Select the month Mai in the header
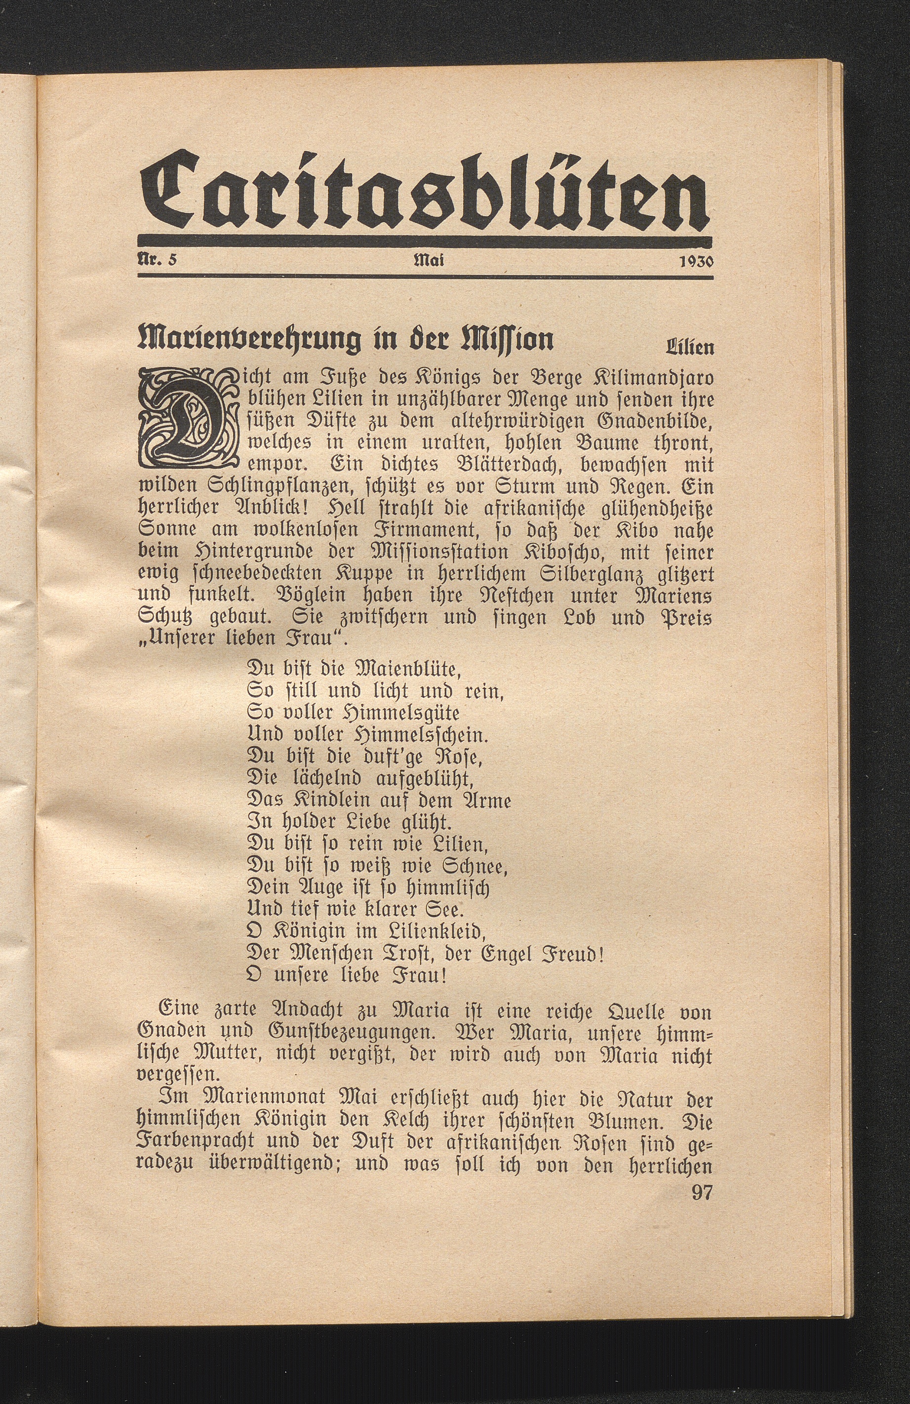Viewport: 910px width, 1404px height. click(x=429, y=260)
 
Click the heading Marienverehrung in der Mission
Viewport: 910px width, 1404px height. click(x=345, y=340)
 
